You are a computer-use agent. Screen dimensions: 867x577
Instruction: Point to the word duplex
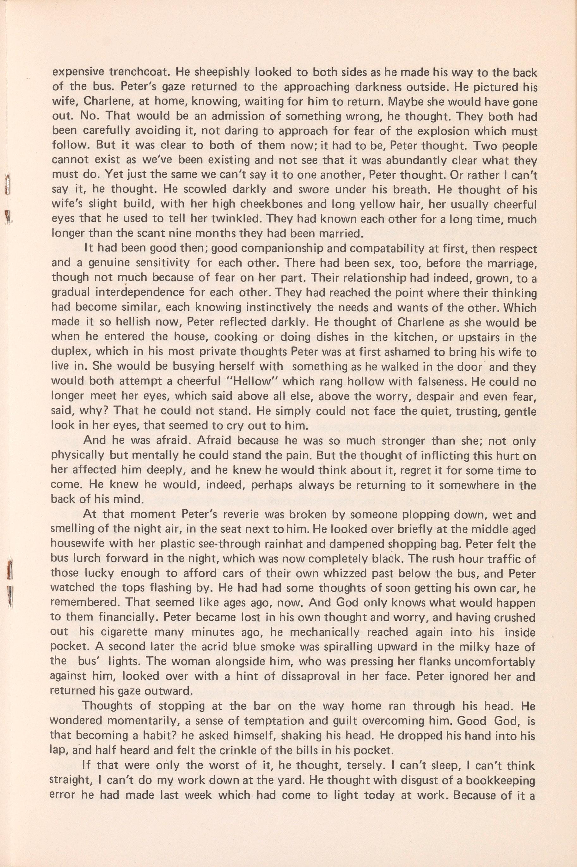[70, 353]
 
